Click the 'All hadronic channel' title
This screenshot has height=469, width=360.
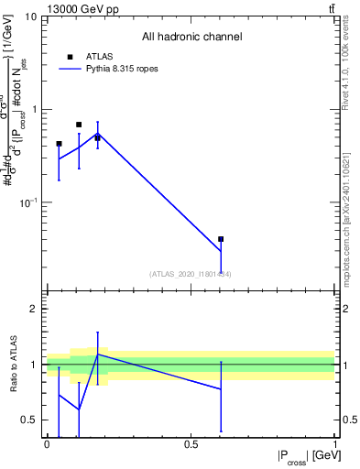[x=191, y=37]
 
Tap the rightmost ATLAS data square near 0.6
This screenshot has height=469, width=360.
[x=221, y=239]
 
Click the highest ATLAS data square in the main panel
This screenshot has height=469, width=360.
[x=79, y=125]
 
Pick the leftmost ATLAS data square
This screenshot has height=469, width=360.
[x=59, y=144]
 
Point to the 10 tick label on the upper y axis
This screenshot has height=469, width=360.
[x=30, y=17]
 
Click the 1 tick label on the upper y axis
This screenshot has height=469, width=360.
[x=33, y=109]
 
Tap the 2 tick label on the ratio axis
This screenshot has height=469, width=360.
[x=33, y=310]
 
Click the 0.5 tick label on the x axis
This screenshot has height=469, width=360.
[x=191, y=445]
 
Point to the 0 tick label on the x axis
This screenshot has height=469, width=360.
[x=47, y=445]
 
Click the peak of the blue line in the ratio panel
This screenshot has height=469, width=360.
[x=98, y=354]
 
